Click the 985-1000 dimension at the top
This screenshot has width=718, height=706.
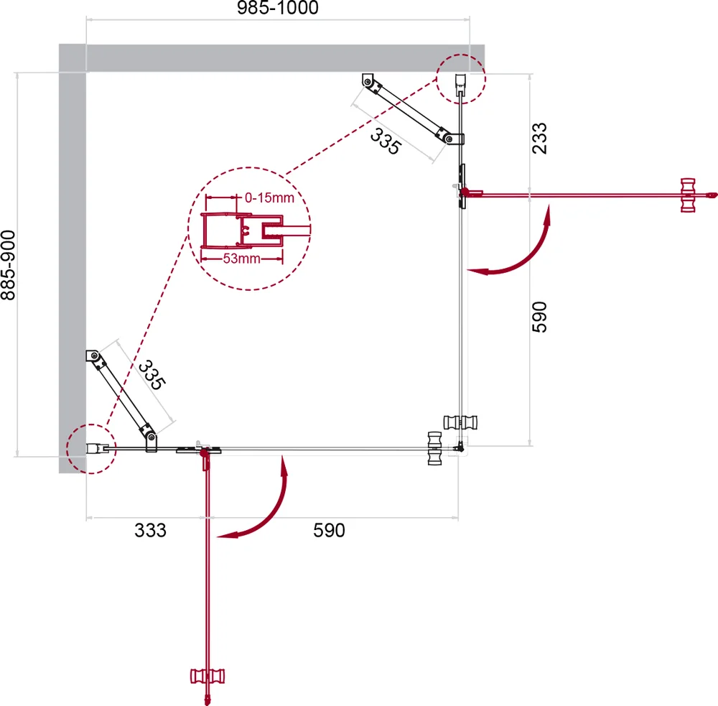tap(277, 8)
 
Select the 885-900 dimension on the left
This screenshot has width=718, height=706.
tap(8, 265)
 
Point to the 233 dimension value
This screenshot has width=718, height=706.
tap(539, 139)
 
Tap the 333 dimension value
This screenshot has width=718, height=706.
tap(150, 530)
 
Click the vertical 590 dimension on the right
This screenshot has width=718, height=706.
tap(539, 317)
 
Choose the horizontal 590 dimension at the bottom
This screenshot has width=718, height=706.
tap(329, 530)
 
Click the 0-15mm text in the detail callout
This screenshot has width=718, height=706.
tap(269, 198)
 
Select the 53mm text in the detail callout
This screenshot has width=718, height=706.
tap(242, 259)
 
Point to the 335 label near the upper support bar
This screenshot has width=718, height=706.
tap(386, 141)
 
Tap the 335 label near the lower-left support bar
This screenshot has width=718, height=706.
tap(151, 375)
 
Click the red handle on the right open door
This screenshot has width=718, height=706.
tap(688, 195)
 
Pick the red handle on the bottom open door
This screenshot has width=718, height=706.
tap(208, 677)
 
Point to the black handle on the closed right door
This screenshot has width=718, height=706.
tap(460, 422)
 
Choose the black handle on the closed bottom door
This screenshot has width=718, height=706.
tap(434, 449)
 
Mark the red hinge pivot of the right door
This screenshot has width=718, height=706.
tap(465, 192)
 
